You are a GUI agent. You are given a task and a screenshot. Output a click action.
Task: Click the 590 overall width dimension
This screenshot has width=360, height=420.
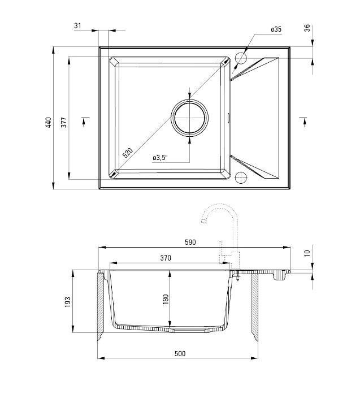190,242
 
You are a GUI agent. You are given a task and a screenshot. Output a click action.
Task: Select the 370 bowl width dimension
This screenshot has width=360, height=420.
165,258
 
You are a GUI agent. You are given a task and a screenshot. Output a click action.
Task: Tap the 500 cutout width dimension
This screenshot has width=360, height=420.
180,353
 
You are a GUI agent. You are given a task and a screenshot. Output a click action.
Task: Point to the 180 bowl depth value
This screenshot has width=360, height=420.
166,299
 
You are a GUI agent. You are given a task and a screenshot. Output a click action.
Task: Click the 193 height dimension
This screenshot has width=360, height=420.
68,302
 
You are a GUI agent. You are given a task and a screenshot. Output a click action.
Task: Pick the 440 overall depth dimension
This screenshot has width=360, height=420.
49,123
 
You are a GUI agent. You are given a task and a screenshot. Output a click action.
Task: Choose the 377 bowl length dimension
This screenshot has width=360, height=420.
64,122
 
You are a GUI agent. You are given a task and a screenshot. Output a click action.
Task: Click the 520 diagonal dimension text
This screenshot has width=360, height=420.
128,153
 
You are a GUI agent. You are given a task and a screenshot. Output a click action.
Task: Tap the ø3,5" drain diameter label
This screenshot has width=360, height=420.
161,158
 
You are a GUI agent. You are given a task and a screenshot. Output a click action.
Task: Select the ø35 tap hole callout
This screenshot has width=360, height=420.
276,29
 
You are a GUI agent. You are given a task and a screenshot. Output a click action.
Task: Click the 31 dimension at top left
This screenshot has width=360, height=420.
77,25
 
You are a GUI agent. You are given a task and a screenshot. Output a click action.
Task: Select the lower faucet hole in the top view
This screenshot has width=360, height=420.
240,177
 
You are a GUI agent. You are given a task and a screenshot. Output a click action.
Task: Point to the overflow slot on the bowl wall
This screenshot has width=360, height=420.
228,118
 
